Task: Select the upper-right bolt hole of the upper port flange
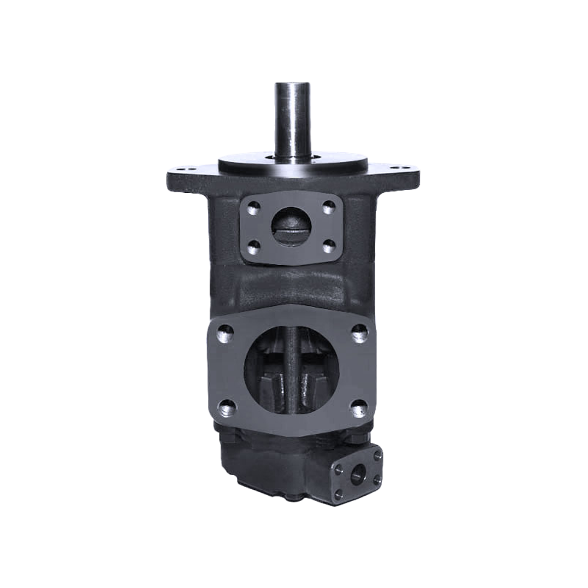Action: click(x=329, y=207)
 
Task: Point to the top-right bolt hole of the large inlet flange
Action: click(x=358, y=333)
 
